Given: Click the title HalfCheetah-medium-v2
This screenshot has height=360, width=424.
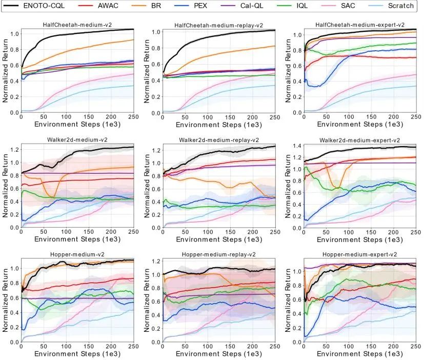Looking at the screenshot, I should coord(76,25).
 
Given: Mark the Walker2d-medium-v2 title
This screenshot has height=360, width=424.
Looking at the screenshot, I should coord(76,140).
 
